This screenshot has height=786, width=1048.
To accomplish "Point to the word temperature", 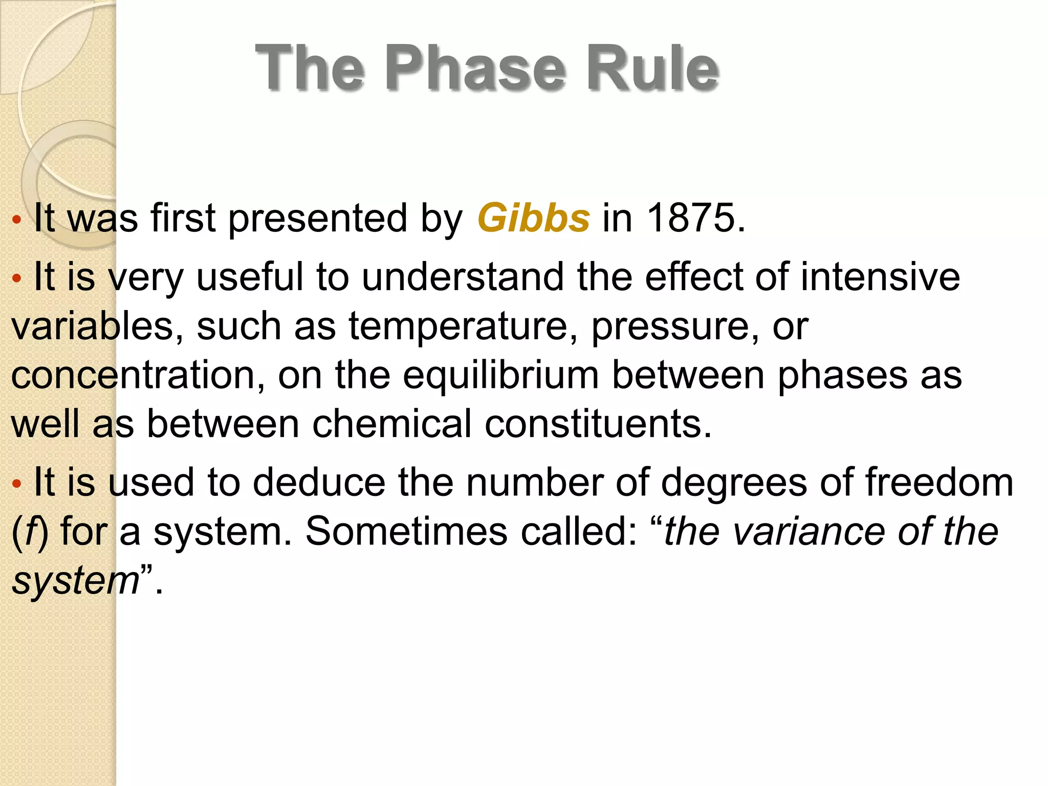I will click(x=458, y=326).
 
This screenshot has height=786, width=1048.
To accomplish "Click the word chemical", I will click(x=391, y=424).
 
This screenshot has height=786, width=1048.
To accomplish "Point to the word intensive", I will click(x=880, y=277).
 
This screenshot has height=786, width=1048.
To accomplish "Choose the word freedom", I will click(x=939, y=483).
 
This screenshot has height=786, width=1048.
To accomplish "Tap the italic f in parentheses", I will click(x=30, y=531).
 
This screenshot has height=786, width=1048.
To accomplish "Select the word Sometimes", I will click(x=407, y=531).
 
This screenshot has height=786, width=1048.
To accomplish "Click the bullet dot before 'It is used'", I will click(x=17, y=484).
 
